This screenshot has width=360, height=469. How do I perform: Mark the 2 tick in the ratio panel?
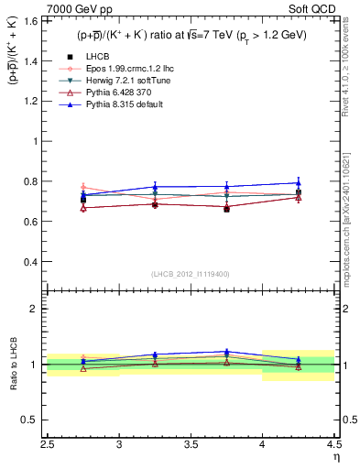[38, 309]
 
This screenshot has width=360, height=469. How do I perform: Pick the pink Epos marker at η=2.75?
[83, 186]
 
